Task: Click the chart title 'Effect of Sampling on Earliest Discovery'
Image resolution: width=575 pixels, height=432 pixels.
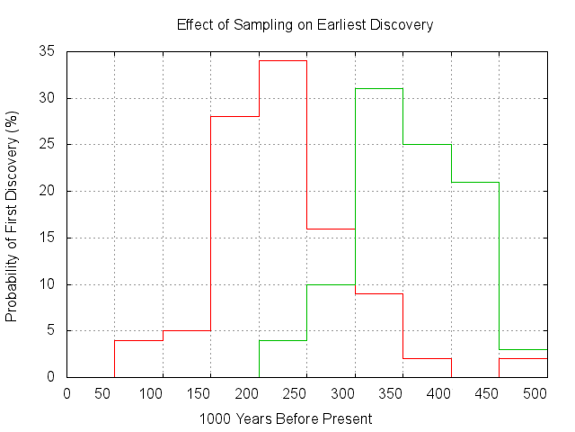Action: point(305,24)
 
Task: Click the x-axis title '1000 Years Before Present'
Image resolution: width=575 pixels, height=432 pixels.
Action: point(286,418)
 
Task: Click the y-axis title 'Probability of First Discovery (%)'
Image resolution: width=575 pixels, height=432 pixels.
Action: point(13,217)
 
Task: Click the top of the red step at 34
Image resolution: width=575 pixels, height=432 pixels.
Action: point(283,60)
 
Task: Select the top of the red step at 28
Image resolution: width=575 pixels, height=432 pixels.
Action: point(234,116)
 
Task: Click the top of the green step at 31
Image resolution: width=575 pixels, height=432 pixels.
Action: point(379,88)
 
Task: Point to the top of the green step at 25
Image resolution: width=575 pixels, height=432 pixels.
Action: point(427,144)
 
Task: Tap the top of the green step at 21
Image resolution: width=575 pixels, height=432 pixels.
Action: point(475,182)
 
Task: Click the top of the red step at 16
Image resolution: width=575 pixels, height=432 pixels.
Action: point(331,229)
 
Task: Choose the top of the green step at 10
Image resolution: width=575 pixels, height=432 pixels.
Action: point(331,284)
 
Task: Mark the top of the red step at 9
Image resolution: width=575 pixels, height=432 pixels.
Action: point(379,293)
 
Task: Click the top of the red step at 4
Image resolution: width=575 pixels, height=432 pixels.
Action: point(138,340)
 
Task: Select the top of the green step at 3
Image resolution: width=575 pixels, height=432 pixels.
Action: point(523,349)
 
